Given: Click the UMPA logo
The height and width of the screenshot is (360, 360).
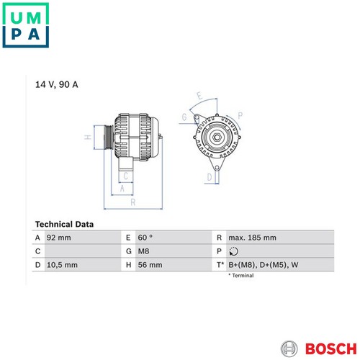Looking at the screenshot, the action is [x=26, y=25].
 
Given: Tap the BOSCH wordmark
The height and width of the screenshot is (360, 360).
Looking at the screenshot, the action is [x=331, y=348].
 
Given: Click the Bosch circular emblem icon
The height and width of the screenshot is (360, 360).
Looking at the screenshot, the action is [x=289, y=348].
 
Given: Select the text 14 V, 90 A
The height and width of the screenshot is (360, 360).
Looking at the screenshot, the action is [x=57, y=84].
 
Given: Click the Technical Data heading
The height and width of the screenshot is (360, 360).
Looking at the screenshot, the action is [x=64, y=224].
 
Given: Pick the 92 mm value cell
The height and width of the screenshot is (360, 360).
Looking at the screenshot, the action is [x=59, y=238].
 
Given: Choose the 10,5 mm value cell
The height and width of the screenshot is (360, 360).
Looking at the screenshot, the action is [x=62, y=265].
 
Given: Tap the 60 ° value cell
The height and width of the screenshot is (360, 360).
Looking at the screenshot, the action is [x=145, y=238].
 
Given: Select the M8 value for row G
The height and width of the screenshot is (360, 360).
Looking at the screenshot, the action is [x=143, y=251].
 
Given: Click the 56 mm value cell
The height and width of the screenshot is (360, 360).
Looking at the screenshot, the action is [x=150, y=265].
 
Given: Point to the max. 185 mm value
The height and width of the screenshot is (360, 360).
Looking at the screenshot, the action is [x=252, y=238].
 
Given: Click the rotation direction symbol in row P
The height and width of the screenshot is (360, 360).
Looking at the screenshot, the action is [x=233, y=251].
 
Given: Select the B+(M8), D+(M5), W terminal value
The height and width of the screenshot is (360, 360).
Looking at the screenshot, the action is [x=264, y=265].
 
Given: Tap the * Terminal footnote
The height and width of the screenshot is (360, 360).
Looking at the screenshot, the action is [x=241, y=276].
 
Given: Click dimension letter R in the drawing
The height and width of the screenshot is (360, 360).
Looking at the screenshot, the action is [x=133, y=202].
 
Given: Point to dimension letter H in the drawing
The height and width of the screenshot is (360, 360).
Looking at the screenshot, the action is [x=88, y=137].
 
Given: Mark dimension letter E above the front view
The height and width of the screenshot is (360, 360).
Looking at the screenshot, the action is [x=199, y=96].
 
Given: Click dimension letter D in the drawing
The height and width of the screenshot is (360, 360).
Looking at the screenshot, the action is [x=210, y=177].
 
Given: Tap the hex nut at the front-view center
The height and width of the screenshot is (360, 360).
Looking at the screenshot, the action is [x=217, y=138].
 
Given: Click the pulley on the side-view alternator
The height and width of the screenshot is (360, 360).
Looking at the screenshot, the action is [x=109, y=138].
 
